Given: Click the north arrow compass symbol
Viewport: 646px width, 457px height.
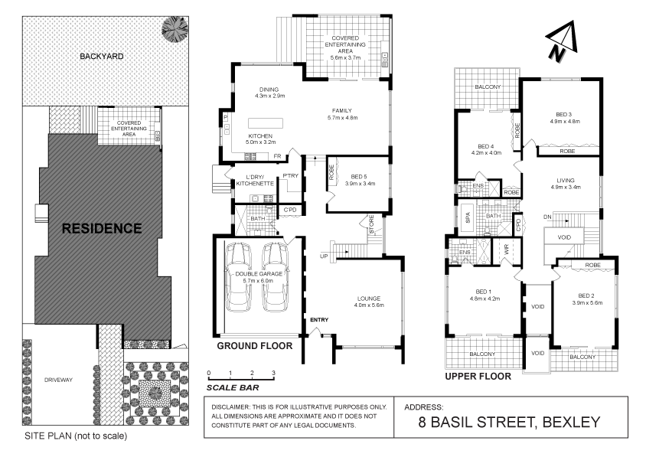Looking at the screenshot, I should tap(559, 41).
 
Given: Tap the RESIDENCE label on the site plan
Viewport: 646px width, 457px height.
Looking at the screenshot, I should tap(102, 228).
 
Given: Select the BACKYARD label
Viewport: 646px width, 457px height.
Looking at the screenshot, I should tap(101, 56).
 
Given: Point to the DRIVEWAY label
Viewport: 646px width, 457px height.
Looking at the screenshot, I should tap(58, 380).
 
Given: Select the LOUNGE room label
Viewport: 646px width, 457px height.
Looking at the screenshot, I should tap(367, 298).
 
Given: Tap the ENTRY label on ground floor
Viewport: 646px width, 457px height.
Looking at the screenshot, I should tap(319, 319).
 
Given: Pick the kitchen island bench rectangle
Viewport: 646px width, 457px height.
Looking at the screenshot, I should tap(274, 124).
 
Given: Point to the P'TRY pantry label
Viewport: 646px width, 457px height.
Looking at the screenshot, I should tap(290, 177).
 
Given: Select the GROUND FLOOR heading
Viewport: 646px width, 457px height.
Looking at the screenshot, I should tap(255, 346).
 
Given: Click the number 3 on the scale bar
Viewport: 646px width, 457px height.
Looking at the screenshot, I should tap(273, 373).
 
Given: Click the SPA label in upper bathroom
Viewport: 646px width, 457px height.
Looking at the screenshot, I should tap(468, 217).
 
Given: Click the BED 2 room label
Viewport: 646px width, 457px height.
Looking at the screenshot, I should tap(586, 295).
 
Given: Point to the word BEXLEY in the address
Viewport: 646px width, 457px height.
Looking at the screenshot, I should tap(569, 422).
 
